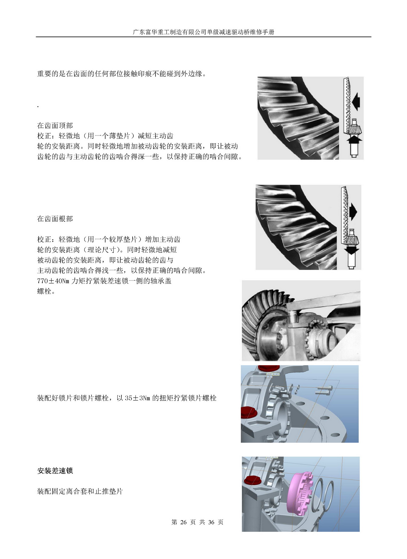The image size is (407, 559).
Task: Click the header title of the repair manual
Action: pos(204,32)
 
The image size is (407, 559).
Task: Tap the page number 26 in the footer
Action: pos(183,522)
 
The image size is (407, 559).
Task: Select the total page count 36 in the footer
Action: pos(211,522)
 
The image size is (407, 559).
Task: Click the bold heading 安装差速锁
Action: pos(55,471)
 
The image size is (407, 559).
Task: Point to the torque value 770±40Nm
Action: pos(53,281)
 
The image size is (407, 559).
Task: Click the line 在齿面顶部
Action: pos(55,125)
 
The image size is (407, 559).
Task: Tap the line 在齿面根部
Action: pos(55,219)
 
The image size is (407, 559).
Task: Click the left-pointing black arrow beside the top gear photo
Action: pos(356,101)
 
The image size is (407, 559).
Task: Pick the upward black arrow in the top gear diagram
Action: pos(354,139)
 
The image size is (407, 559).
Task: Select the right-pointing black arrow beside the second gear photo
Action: pos(353,212)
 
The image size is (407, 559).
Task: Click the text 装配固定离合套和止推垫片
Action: pos(80,491)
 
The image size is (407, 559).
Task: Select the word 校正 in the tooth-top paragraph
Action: pos(44,136)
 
